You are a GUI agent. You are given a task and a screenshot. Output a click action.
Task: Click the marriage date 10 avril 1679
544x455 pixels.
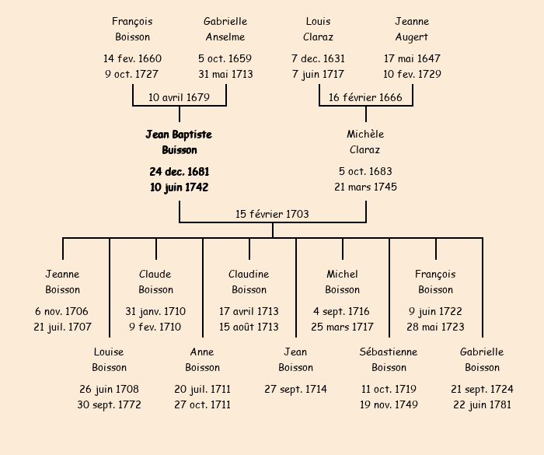pyautogui.click(x=180, y=97)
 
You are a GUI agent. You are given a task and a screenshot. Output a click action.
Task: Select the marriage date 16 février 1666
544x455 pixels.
pyautogui.click(x=365, y=97)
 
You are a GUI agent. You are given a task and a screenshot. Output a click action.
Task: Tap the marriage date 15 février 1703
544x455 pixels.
pyautogui.click(x=272, y=214)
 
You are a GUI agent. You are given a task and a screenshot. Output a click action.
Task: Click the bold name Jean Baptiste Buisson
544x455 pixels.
pyautogui.click(x=179, y=142)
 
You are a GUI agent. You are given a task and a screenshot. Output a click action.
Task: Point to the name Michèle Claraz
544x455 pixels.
pyautogui.click(x=365, y=142)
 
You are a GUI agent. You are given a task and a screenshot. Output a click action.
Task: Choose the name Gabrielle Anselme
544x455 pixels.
pyautogui.click(x=225, y=30)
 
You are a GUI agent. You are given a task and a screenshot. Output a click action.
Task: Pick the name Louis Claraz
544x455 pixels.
pyautogui.click(x=319, y=30)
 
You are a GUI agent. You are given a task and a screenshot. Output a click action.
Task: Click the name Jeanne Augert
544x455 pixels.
pyautogui.click(x=412, y=30)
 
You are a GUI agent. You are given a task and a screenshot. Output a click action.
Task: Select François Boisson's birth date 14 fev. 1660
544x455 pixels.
pyautogui.click(x=132, y=59)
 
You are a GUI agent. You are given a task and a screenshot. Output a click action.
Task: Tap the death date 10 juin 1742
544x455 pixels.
pyautogui.click(x=179, y=187)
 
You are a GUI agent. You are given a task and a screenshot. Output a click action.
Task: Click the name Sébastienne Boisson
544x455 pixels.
pyautogui.click(x=389, y=360)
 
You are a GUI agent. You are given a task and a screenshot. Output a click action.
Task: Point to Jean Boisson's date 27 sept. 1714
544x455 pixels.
pyautogui.click(x=295, y=390)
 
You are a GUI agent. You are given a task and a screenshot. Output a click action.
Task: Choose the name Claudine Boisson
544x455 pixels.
pyautogui.click(x=249, y=282)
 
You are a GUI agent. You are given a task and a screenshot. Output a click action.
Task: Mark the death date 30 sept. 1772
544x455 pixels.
pyautogui.click(x=109, y=405)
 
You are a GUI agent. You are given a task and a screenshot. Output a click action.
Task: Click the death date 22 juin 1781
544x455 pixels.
pyautogui.click(x=482, y=405)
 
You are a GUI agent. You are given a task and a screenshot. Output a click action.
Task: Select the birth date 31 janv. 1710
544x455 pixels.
pyautogui.click(x=155, y=312)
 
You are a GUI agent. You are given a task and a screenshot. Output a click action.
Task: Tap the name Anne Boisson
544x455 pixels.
pyautogui.click(x=202, y=360)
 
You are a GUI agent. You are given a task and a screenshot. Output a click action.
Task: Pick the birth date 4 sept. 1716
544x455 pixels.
pyautogui.click(x=342, y=312)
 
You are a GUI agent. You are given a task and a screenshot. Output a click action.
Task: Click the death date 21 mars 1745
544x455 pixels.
pyautogui.click(x=365, y=187)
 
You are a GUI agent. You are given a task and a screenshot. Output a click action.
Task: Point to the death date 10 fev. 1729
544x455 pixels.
pyautogui.click(x=412, y=75)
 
